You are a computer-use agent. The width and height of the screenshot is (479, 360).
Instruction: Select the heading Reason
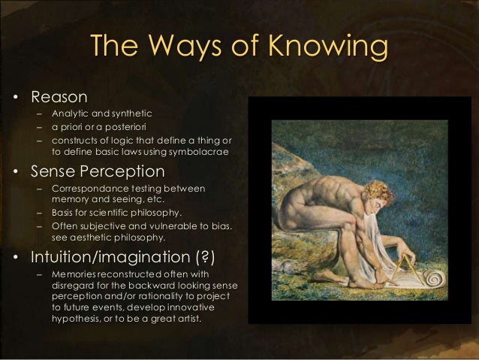(59, 97)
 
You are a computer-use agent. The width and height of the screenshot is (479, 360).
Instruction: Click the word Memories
(75, 276)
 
